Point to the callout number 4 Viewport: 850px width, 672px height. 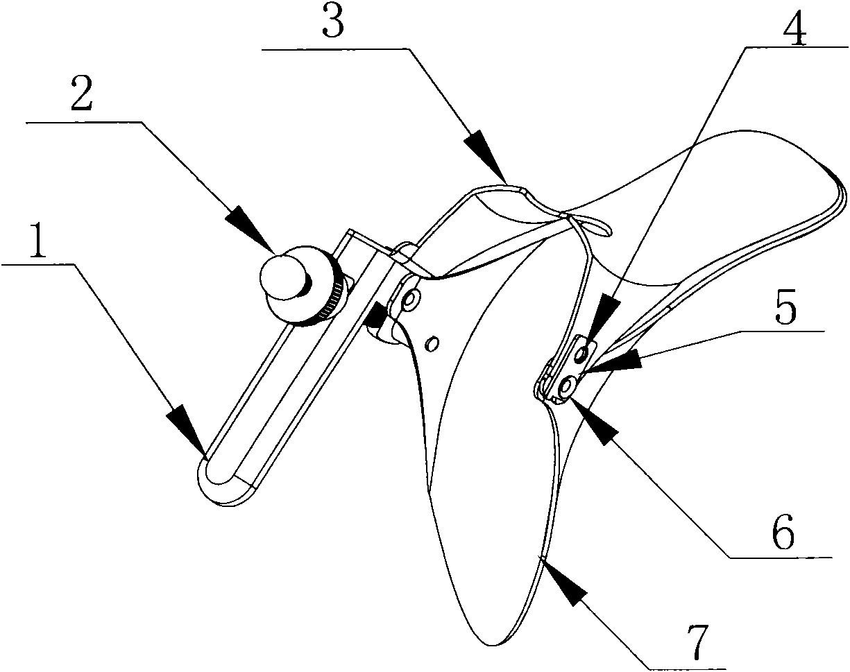(791, 27)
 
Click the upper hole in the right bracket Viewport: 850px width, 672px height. (583, 354)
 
